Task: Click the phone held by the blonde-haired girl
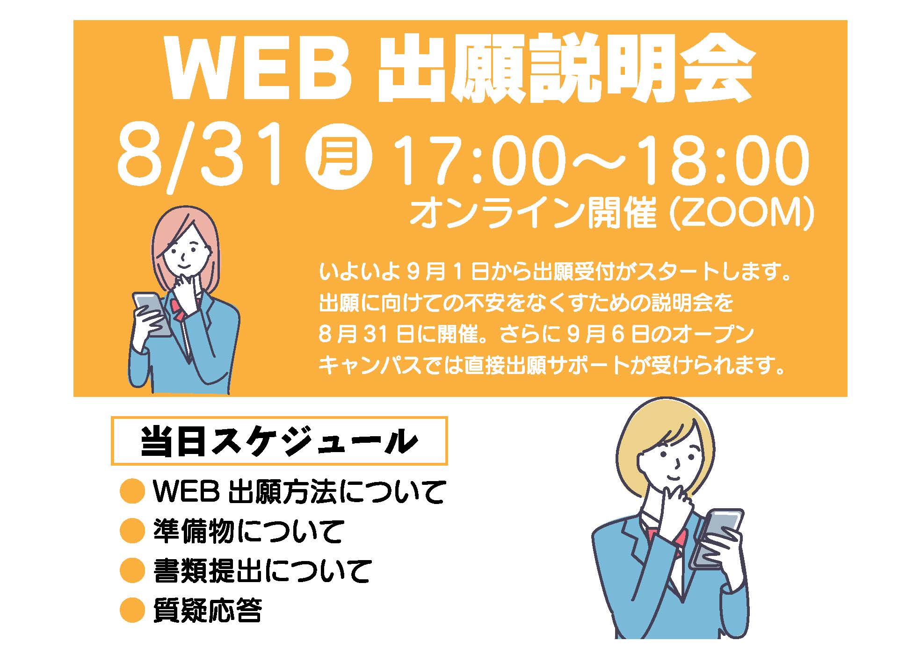(716, 538)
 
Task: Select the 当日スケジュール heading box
(279, 440)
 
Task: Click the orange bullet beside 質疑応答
(132, 610)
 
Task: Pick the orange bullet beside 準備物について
(132, 531)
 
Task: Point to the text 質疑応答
(207, 610)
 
